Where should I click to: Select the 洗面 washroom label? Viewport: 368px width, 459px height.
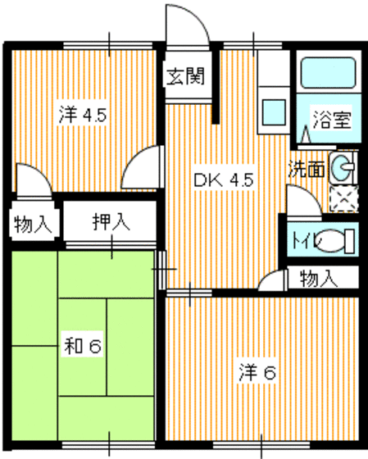pos(306,170)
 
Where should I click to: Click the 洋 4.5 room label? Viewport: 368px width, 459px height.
pos(82,115)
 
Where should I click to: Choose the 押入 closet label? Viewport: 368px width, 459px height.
pos(110,221)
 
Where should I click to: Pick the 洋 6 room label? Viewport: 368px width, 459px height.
pos(257,372)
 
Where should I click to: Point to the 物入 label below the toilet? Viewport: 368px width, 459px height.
pos(319,278)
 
